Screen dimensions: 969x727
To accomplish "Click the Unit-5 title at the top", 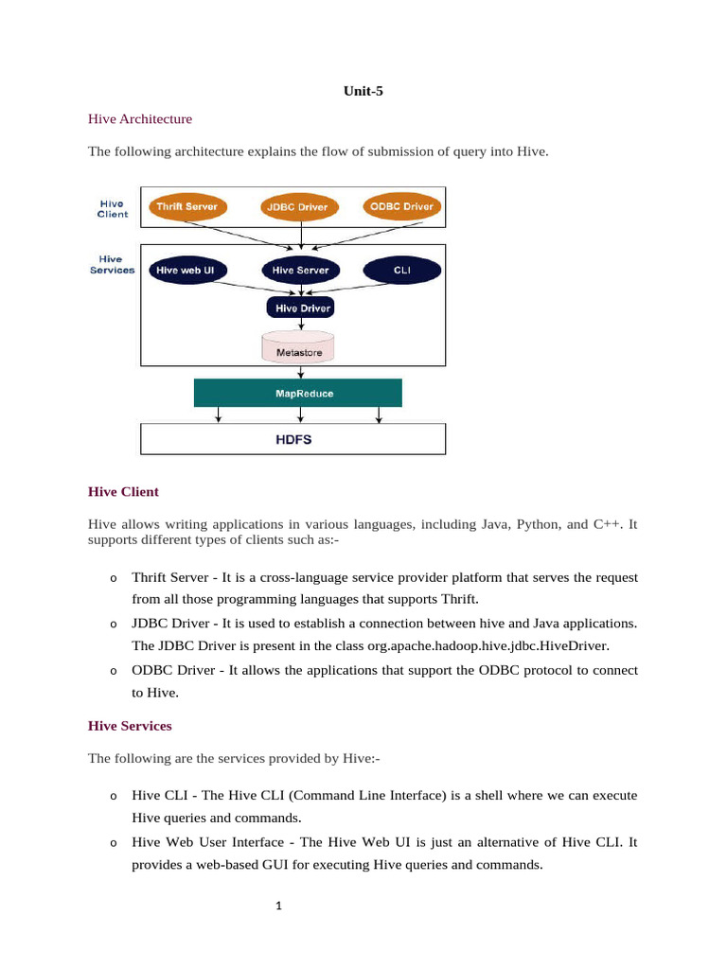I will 363,92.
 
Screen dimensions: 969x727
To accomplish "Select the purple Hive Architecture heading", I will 139,119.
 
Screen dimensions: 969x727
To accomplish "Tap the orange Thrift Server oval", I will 186,206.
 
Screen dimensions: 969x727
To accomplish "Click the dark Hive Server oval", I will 300,271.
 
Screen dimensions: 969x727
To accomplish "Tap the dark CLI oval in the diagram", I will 402,271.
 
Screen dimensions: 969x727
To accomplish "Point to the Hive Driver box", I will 300,308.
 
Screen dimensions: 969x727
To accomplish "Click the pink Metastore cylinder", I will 298,347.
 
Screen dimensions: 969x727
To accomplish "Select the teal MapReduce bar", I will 298,393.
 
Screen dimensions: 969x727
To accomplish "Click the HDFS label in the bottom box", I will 293,440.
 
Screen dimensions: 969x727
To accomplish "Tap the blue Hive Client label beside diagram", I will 113,208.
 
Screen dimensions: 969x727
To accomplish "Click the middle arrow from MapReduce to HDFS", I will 299,414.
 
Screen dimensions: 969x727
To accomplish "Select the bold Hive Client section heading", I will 123,492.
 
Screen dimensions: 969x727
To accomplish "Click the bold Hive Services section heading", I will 130,726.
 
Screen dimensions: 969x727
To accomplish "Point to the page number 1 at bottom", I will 279,906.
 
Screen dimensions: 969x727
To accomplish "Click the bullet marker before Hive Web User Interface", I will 112,843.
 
